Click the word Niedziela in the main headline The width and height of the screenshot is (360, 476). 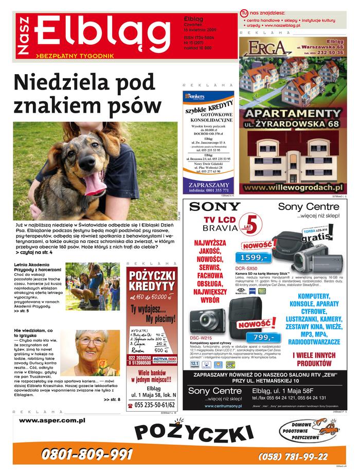point(61,83)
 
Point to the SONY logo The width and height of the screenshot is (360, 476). point(214,207)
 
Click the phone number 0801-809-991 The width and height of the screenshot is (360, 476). point(87,454)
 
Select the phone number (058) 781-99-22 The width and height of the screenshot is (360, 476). point(293,456)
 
